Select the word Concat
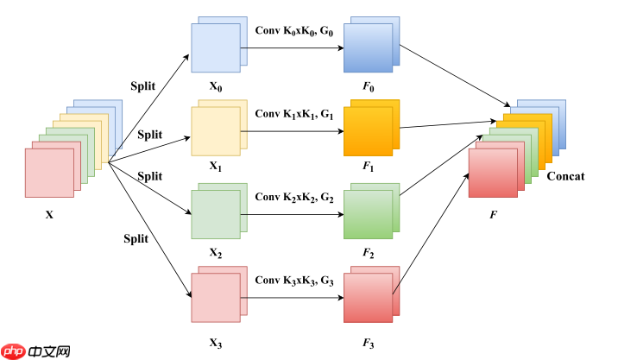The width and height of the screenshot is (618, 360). pos(565,176)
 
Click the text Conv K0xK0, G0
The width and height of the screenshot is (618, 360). pos(293,30)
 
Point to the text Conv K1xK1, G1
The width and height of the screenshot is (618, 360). pos(293,113)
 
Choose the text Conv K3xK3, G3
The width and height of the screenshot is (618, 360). pos(293,281)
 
